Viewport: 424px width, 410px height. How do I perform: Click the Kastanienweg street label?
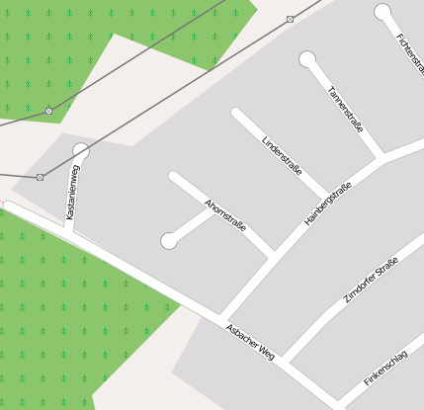pos(72,192)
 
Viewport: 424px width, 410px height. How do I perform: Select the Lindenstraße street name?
pos(282,155)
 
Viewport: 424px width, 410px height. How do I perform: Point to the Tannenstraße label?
pos(345,110)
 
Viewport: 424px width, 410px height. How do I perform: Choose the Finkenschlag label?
pos(392,364)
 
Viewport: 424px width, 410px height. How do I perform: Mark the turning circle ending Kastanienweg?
pos(81,151)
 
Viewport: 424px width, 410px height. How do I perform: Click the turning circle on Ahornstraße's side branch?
pos(170,240)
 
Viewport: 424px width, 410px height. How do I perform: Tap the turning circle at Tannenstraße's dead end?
pos(308,59)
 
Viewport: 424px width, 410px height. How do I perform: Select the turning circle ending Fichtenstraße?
pos(383,12)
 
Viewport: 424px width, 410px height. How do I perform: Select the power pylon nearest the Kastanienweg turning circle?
pos(41,177)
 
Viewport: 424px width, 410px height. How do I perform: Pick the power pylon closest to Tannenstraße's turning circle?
pos(290,19)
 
